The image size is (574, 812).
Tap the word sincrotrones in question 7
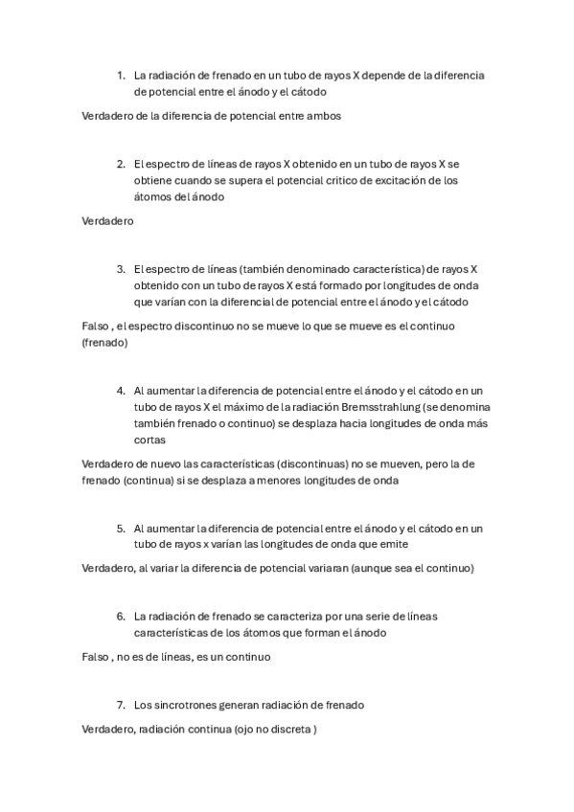click(x=185, y=705)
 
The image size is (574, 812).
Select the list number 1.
click(x=122, y=75)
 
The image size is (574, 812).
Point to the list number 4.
click(x=122, y=390)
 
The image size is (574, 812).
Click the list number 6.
click(x=122, y=616)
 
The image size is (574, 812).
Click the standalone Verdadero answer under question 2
click(x=107, y=220)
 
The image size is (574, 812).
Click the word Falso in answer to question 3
click(x=96, y=327)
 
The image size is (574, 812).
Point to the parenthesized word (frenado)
click(x=105, y=342)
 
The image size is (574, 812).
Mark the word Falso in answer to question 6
click(x=96, y=657)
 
